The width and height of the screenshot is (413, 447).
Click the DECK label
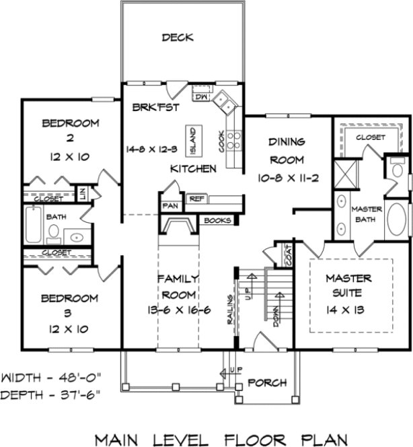[x=178, y=38]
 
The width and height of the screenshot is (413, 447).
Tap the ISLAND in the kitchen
[x=191, y=139]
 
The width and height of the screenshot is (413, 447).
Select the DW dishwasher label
[x=199, y=96]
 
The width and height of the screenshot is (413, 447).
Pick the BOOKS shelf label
[x=217, y=220]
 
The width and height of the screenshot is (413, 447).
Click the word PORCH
[x=267, y=382]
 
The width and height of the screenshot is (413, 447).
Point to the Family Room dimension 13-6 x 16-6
[x=178, y=310]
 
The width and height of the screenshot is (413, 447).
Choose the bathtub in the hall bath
[x=33, y=226]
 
